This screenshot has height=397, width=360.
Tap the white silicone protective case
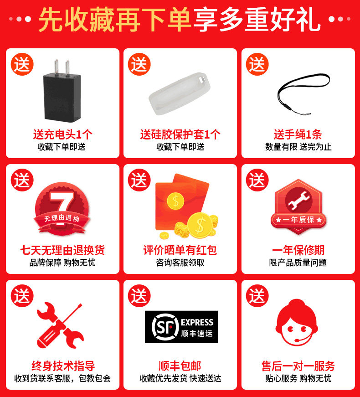(x=180, y=94)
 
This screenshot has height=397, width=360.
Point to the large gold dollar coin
(x=200, y=225)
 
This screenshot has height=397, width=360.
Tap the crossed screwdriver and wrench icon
(x=60, y=325)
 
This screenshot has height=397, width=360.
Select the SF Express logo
(x=181, y=327)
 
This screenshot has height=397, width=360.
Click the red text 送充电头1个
(x=62, y=134)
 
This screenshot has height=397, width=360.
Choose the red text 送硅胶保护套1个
(x=180, y=134)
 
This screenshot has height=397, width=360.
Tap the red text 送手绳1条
(x=298, y=134)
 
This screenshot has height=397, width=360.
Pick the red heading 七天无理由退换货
(x=62, y=250)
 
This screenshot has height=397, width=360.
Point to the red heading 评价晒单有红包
(x=180, y=250)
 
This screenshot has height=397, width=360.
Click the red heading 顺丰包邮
(x=180, y=366)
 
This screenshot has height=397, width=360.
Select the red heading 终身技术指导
(x=63, y=366)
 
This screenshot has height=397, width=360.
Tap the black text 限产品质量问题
(x=298, y=263)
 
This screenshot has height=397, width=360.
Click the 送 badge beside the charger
(x=22, y=64)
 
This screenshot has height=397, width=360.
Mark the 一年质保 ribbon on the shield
(x=298, y=220)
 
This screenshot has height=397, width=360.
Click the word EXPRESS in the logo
(x=197, y=322)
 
